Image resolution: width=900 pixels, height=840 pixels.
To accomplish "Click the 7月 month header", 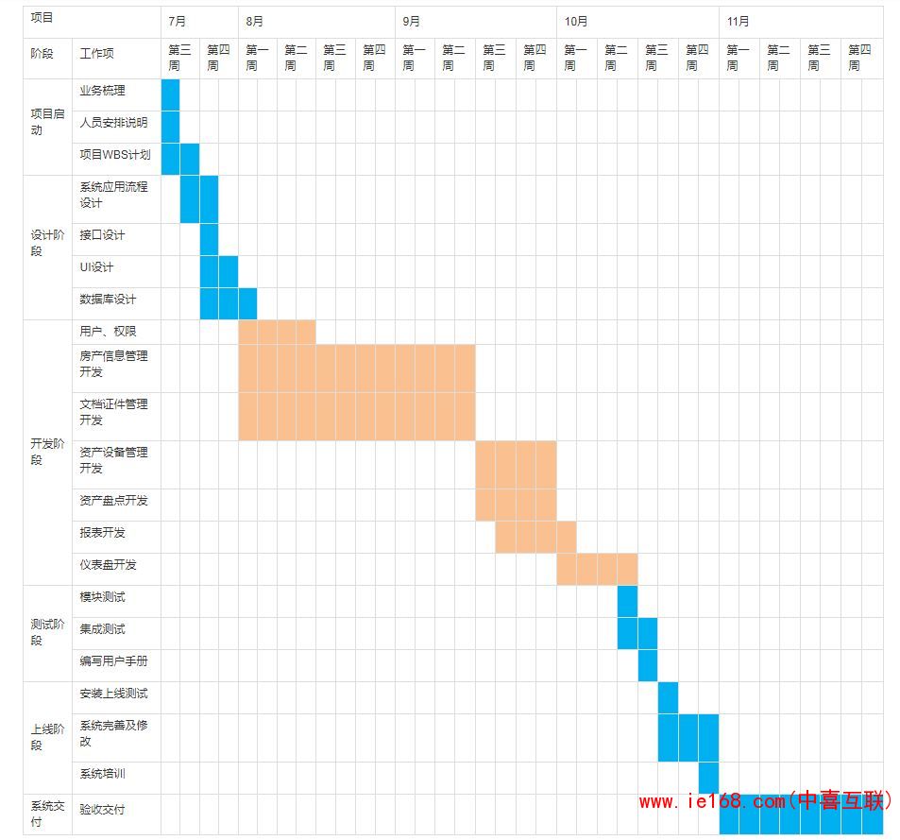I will click(178, 21).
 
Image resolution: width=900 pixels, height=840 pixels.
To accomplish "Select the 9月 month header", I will click(412, 21).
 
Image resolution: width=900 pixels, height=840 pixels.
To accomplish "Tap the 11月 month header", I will click(739, 21).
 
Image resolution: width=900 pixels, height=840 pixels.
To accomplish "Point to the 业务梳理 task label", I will click(102, 91).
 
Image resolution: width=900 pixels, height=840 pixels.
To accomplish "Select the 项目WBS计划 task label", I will click(114, 155).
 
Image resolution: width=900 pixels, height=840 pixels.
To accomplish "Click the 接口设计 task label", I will click(102, 235).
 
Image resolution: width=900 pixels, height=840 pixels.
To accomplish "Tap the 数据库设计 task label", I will click(108, 300).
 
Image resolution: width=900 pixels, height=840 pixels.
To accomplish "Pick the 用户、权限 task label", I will click(108, 332).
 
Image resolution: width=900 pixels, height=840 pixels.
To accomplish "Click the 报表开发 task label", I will click(102, 533).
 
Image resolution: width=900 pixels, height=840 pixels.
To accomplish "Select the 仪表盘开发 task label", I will click(108, 565).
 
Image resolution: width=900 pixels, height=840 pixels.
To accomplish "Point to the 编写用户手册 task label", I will click(113, 661).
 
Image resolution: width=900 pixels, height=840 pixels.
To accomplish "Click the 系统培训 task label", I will click(102, 774).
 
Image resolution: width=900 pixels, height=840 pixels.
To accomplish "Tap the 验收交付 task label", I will click(102, 810).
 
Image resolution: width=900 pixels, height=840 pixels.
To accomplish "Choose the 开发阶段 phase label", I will click(47, 452).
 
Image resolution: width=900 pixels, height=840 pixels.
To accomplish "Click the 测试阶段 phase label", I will click(47, 632).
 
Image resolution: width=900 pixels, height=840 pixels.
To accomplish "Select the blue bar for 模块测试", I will click(627, 601).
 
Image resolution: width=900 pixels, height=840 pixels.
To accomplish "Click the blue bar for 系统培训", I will click(708, 778).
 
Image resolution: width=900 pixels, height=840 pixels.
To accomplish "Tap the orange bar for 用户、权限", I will click(277, 332).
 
